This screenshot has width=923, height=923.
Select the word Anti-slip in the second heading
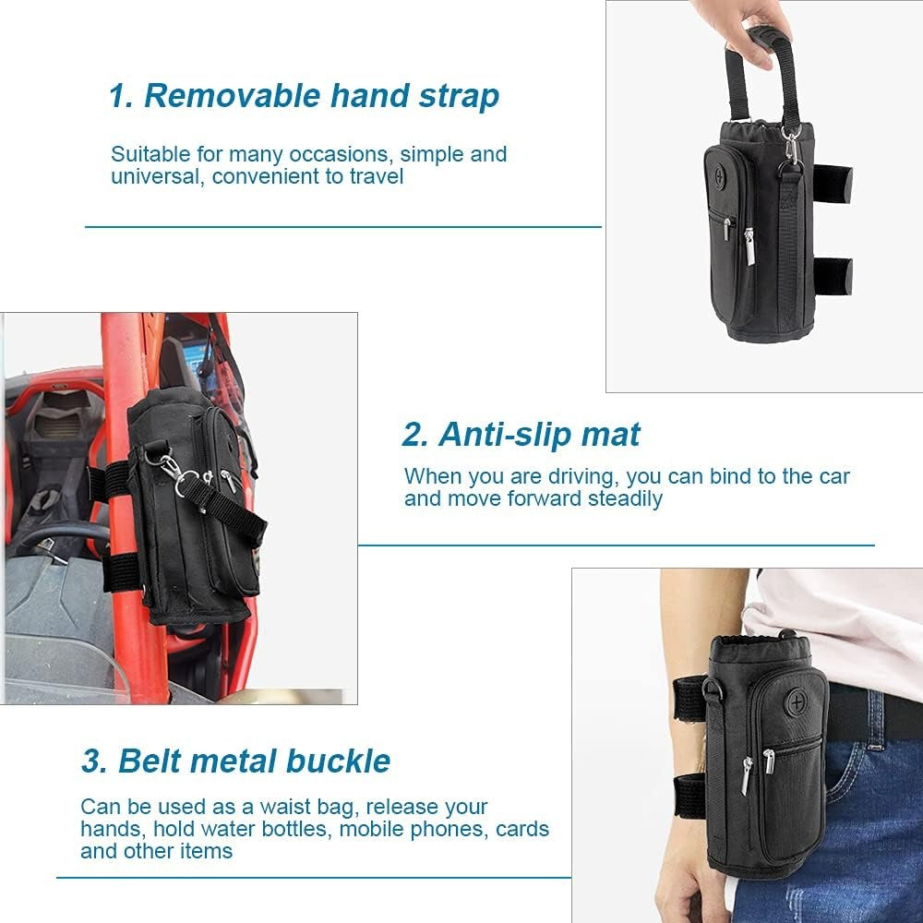click(x=505, y=435)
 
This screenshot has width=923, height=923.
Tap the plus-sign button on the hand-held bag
click(x=719, y=174)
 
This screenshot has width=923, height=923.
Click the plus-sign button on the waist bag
click(x=797, y=701)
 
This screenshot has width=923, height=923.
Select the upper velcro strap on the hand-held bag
click(x=833, y=184)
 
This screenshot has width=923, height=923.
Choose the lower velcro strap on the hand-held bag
click(x=833, y=276)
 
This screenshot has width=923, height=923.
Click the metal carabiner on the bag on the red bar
click(x=169, y=468)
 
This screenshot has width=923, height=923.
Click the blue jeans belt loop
click(x=875, y=718)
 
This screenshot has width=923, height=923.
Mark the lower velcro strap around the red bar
click(x=121, y=572)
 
